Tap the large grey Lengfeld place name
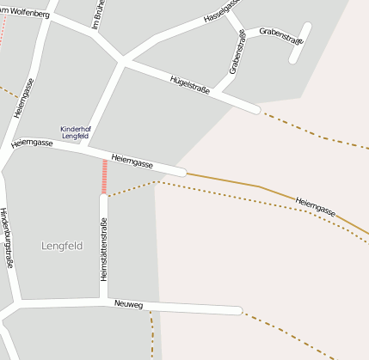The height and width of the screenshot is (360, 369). pos(62,246)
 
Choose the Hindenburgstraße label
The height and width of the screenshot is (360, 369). pos(6,239)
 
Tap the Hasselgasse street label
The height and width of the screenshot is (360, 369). pos(220,11)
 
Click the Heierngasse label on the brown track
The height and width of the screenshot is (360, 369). pos(314,205)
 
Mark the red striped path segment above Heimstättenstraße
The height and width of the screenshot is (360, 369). pos(105,176)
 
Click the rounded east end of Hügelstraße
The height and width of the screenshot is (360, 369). pos(255,109)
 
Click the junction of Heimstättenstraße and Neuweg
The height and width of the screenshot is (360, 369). pos(103,302)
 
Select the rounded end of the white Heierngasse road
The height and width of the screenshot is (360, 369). pos(181,172)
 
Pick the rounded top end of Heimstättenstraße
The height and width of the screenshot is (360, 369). pos(103,198)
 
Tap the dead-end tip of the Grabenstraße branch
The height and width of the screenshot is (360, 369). pos(294,59)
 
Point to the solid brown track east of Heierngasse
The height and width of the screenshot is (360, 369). pos(224,180)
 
